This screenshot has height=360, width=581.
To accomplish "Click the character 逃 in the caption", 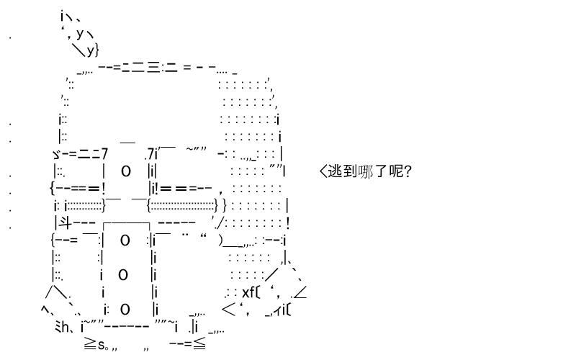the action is click(335, 171).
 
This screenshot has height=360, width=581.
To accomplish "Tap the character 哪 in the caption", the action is click(366, 171).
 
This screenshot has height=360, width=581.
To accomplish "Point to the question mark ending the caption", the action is click(407, 171).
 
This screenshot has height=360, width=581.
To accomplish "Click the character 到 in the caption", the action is click(350, 171).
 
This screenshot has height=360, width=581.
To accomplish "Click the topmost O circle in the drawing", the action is click(125, 171).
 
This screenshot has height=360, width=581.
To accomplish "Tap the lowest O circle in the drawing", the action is click(125, 310).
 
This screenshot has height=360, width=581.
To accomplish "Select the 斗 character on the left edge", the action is click(66, 223).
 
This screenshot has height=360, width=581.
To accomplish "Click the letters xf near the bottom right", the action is click(248, 292).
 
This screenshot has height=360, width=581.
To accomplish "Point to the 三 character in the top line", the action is click(154, 67).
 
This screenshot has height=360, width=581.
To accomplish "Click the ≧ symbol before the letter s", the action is click(91, 344).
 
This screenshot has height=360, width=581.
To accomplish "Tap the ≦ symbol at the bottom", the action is click(199, 344).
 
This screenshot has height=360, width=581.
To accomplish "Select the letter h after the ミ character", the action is click(66, 327).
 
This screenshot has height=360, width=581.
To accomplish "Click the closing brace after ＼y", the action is click(97, 49).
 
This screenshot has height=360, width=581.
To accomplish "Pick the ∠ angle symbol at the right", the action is click(300, 292).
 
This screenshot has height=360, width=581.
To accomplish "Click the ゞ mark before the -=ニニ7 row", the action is click(56, 153).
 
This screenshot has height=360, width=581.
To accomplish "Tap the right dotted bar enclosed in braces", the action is click(182, 206).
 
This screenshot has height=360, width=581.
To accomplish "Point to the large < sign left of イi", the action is click(229, 310).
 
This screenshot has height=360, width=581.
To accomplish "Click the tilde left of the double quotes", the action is click(189, 149).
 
